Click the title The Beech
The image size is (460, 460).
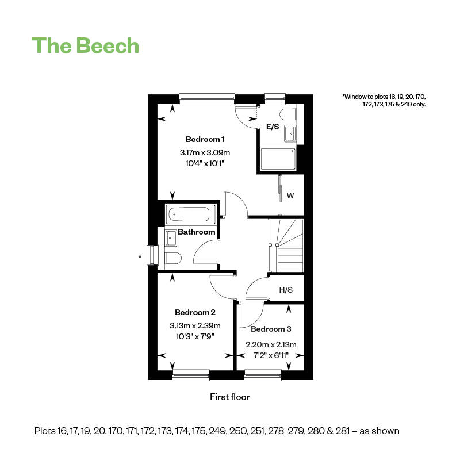tap(85, 46)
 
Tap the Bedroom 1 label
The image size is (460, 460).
tap(205, 139)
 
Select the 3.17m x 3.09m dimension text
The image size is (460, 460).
tap(205, 152)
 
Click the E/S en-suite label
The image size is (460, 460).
tap(273, 126)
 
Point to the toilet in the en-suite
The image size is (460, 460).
tap(288, 114)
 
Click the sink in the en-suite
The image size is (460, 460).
tap(290, 133)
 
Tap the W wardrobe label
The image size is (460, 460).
tap(290, 195)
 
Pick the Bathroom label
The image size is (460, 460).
tap(197, 232)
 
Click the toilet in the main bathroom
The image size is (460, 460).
tap(173, 258)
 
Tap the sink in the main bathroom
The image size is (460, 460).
tap(170, 238)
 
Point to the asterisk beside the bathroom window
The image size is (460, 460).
tap(140, 256)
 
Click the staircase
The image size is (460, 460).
tap(286, 246)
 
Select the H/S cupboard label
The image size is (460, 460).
tap(286, 290)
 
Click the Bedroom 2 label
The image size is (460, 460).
tap(195, 312)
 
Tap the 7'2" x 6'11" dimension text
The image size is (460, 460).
tap(271, 355)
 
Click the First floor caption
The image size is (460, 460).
tap(230, 397)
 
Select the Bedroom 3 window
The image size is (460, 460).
tap(263, 375)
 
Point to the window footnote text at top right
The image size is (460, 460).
tap(384, 100)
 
